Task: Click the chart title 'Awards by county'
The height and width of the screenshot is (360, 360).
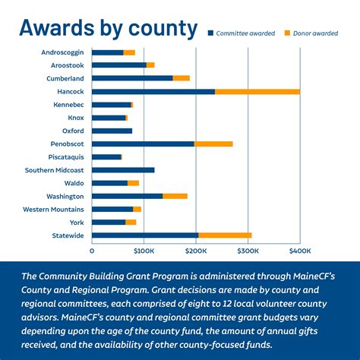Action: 108,28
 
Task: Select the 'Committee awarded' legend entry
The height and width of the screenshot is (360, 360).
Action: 243,33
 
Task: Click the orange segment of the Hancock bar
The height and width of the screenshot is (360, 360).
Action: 257,91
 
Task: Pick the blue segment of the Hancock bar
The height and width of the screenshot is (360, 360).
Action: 153,91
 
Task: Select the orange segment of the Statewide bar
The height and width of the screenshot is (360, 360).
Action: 225,235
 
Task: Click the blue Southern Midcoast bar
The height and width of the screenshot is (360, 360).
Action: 123,169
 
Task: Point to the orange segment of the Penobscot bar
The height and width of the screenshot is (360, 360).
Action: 213,144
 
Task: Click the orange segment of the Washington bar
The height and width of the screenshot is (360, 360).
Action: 175,196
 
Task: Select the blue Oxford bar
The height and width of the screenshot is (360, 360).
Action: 112,131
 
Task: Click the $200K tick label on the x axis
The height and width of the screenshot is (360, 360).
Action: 196,250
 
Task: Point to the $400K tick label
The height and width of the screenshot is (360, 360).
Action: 299,250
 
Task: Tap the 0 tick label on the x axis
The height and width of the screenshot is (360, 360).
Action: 92,250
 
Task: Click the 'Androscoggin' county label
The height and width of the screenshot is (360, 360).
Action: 62,52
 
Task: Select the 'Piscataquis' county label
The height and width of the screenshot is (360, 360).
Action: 64,156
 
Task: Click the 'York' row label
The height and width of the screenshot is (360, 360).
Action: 76,222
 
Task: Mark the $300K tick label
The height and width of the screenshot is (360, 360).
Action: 248,250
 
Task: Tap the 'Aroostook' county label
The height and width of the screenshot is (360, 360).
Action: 67,65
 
